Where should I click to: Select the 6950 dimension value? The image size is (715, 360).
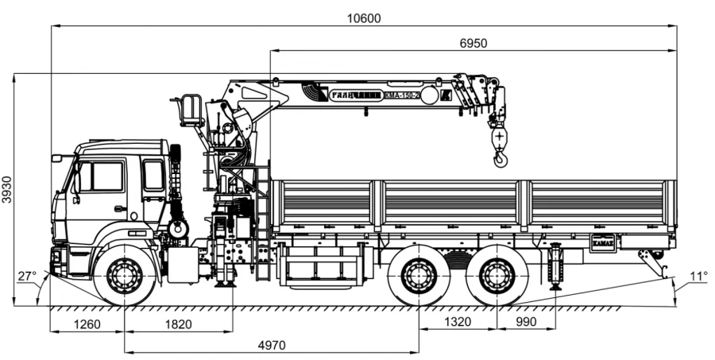point(473,43)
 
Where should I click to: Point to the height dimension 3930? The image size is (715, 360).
point(7,190)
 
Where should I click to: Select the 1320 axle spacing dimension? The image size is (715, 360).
point(458,322)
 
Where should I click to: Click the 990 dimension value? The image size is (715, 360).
point(526,322)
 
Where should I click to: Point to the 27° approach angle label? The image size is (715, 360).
point(28,277)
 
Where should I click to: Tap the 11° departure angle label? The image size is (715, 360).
point(698,277)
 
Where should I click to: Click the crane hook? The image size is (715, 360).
point(500,160)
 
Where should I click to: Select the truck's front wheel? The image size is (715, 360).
point(124,276)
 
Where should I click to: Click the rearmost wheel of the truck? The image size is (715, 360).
point(497,276)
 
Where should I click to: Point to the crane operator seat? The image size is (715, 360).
point(191,110)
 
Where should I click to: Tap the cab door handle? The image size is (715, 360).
point(119,208)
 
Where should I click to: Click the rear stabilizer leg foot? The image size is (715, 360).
point(555,285)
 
